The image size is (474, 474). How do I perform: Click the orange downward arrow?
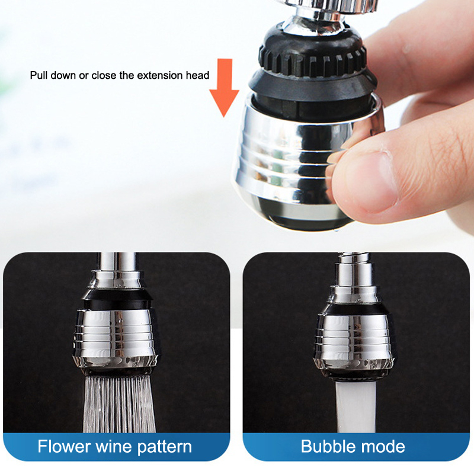224,88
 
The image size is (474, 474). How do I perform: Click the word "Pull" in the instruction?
39,75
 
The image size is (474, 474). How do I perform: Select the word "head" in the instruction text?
198,75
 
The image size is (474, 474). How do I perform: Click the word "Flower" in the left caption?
63,446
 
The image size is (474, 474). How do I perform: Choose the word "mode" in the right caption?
381,447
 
